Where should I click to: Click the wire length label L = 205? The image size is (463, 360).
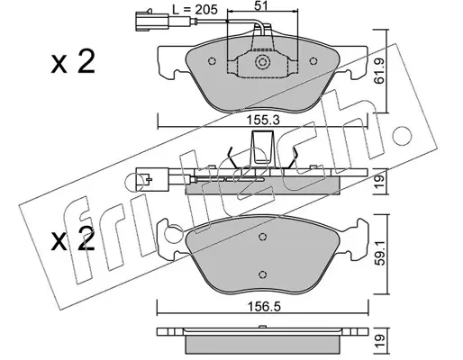click(x=195, y=10)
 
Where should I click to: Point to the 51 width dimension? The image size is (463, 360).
click(x=261, y=4)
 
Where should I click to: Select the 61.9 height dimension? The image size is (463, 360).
click(x=379, y=71)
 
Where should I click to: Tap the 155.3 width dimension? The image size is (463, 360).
click(x=263, y=121)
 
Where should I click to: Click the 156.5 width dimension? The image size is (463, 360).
click(x=263, y=307)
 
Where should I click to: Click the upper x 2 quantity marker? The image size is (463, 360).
click(x=73, y=61)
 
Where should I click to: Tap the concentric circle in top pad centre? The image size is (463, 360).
click(x=263, y=62)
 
